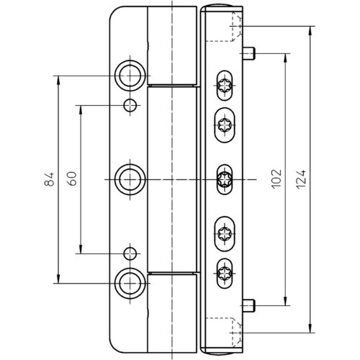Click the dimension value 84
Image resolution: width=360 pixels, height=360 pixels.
pyautogui.click(x=50, y=179)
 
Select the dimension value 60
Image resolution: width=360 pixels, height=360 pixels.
pyautogui.click(x=72, y=179)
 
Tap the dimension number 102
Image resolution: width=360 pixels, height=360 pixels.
pyautogui.click(x=276, y=179)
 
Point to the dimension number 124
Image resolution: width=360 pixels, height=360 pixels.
pyautogui.click(x=301, y=179)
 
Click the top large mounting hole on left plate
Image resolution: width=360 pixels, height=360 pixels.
pyautogui.click(x=130, y=76)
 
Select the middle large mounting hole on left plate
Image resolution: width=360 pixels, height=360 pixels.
pyautogui.click(x=130, y=179)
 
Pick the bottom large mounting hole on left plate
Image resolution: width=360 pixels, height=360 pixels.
pyautogui.click(x=130, y=284)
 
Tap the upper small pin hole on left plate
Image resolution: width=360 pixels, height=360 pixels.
pyautogui.click(x=130, y=105)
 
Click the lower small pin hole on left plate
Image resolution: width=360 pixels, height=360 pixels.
pyautogui.click(x=130, y=253)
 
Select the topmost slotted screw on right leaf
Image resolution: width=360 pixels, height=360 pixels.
pyautogui.click(x=225, y=86)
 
